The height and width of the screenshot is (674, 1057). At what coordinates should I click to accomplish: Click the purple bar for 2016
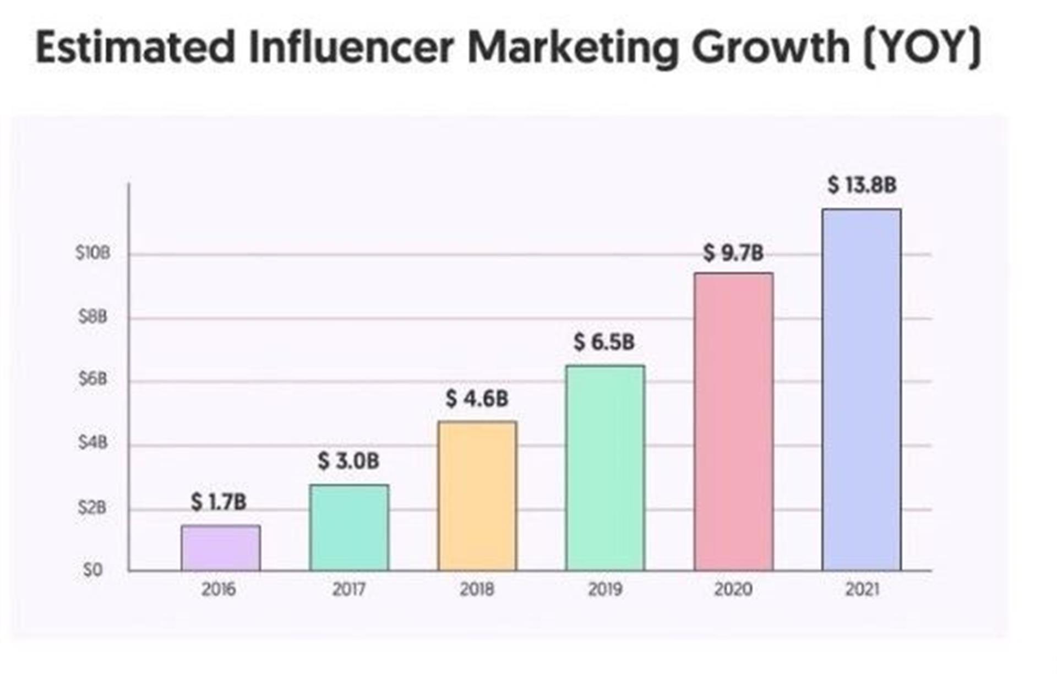pos(221,548)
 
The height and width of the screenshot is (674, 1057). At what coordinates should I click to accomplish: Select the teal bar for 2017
pos(349,528)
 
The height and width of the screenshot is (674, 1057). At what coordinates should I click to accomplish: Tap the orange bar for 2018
pos(477,496)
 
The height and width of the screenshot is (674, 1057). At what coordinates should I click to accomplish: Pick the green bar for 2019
pos(605,468)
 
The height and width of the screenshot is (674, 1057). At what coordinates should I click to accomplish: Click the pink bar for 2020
pos(733,421)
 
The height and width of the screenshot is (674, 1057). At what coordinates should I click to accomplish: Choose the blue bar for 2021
pos(862,389)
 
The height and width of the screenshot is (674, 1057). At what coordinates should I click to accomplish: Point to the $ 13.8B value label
pos(862,185)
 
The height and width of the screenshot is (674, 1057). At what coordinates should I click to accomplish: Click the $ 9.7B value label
pos(733,253)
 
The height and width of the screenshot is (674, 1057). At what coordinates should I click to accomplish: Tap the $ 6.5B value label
pos(604,342)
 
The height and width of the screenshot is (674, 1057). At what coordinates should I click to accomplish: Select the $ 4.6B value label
pos(477,399)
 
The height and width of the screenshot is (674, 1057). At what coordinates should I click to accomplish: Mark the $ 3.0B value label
pos(348,461)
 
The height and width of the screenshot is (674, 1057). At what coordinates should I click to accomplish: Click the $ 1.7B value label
pos(219,502)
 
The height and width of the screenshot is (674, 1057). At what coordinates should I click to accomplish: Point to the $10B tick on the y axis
pos(92,253)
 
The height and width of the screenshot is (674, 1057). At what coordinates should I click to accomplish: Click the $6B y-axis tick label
pos(92,379)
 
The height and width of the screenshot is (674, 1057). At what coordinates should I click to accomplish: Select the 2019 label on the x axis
pos(605,590)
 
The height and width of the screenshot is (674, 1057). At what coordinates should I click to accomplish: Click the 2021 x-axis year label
pos(862,590)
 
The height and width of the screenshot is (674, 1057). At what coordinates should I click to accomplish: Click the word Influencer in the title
pos(351,47)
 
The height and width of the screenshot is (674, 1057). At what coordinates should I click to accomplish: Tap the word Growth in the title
pos(771,48)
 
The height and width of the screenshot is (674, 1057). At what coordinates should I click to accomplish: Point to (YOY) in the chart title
pos(922,48)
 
